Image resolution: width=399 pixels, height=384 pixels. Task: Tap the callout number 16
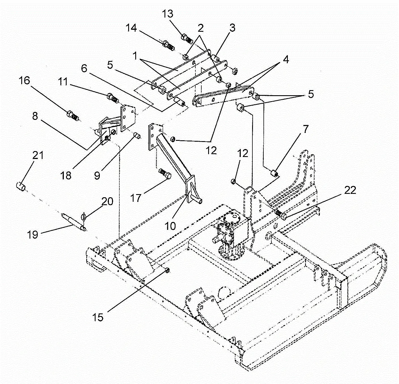click(24, 80)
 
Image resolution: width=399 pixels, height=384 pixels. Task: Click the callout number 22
click(350, 190)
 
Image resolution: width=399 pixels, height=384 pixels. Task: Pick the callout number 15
click(98, 317)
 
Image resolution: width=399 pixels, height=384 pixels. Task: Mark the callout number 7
click(305, 130)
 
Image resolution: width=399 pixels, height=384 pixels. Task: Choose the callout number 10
click(170, 226)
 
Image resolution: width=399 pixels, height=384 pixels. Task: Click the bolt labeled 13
click(187, 38)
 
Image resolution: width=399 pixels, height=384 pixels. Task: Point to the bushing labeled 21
click(21, 187)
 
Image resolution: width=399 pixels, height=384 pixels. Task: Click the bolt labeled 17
click(165, 173)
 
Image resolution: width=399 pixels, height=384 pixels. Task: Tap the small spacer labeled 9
click(137, 136)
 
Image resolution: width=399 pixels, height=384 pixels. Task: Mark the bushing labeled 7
click(274, 173)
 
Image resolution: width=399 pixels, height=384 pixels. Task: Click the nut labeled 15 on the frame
click(167, 270)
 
